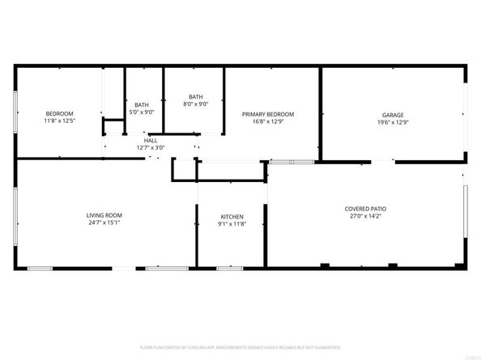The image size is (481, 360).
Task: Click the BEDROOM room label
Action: click(59, 112)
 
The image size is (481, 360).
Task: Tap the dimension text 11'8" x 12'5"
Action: click(59, 121)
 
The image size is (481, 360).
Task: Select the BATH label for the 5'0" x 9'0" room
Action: click(142, 104)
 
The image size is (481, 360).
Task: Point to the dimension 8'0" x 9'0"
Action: click(196, 104)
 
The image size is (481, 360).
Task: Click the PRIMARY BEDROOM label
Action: click(268, 114)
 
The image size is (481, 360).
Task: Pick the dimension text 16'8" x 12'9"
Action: click(268, 122)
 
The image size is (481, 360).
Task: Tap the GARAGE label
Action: click(393, 114)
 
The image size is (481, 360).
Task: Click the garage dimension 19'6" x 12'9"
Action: click(393, 122)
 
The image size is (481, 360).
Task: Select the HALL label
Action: click(151, 140)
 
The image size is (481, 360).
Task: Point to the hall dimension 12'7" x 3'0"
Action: click(151, 147)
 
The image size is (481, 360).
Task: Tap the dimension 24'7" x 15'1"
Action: click(104, 222)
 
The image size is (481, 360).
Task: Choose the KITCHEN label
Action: click(232, 217)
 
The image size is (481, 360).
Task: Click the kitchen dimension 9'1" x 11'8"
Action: click(232, 225)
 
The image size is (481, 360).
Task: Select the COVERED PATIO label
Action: click(364, 209)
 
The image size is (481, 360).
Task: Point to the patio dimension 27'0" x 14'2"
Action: click(364, 217)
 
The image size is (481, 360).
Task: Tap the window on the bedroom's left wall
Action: click(15, 113)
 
